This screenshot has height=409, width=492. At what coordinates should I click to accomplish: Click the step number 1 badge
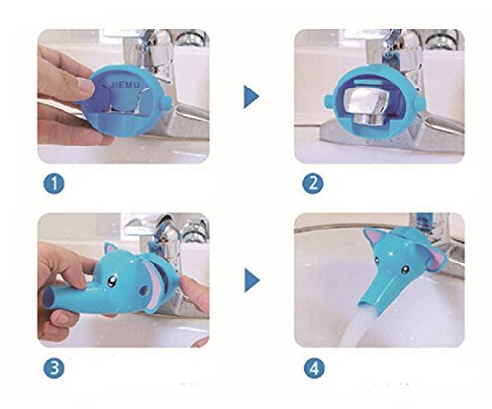pyautogui.click(x=54, y=184)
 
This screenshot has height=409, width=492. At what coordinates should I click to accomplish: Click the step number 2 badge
pyautogui.click(x=313, y=183)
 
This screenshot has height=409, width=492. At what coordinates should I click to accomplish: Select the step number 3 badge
pyautogui.click(x=54, y=368)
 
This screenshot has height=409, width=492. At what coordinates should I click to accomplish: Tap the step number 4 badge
pyautogui.click(x=314, y=368)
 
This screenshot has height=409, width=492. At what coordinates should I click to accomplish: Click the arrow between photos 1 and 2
pyautogui.click(x=251, y=96)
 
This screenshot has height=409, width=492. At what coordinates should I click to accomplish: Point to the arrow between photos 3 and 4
pyautogui.click(x=252, y=280)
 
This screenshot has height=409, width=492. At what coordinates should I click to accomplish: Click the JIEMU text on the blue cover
pyautogui.click(x=125, y=86)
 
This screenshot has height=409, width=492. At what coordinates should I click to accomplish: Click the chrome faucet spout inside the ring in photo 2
pyautogui.click(x=368, y=105)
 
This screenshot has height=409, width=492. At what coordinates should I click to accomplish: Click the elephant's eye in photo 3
pyautogui.click(x=113, y=281)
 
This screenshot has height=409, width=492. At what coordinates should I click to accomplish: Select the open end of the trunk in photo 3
pyautogui.click(x=49, y=297)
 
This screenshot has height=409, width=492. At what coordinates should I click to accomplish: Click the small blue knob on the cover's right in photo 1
pyautogui.click(x=166, y=103)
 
